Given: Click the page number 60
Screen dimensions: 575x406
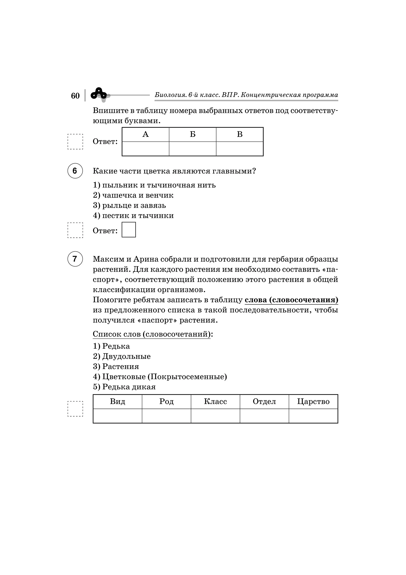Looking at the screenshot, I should click(x=75, y=96).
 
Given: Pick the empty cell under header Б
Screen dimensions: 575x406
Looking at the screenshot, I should click(x=192, y=149).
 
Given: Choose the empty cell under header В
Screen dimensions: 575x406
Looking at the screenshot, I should click(x=239, y=149).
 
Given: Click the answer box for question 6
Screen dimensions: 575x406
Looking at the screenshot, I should click(x=129, y=230).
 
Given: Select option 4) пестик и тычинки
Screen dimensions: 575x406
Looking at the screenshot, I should click(x=133, y=216).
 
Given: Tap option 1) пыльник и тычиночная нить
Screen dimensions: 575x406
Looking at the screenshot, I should click(x=154, y=185).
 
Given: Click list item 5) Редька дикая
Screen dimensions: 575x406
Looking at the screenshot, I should click(x=124, y=387).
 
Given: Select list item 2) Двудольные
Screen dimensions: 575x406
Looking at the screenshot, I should click(x=122, y=356).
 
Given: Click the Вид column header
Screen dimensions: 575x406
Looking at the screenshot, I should click(x=117, y=402).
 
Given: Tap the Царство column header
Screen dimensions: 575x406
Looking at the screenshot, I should click(x=313, y=402).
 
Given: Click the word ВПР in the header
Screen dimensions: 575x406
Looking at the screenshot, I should click(x=229, y=95).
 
